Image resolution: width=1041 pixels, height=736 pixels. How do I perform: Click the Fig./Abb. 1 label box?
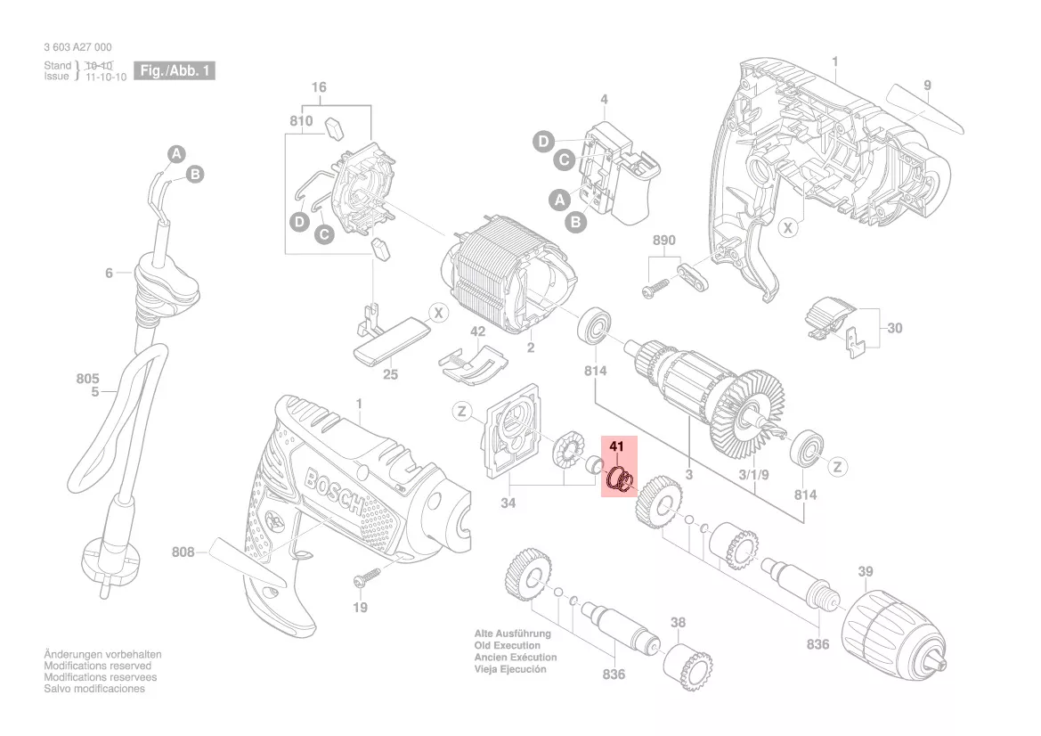pos(174,70)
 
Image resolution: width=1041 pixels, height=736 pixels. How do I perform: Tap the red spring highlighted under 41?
pos(619,480)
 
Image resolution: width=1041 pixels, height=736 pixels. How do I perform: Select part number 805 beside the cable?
pos(87,379)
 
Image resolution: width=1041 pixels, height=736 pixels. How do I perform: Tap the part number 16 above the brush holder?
pos(319,87)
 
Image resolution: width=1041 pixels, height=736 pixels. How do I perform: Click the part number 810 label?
pos(301,121)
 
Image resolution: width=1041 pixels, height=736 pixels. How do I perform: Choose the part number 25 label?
pos(390,374)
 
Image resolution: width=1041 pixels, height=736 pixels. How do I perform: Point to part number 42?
pos(478,331)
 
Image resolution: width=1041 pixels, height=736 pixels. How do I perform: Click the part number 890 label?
pos(664,241)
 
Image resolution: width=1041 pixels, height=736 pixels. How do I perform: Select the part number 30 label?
pos(894,328)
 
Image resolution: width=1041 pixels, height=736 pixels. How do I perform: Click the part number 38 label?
pos(679,622)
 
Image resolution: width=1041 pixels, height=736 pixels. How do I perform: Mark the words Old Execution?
pos(508,645)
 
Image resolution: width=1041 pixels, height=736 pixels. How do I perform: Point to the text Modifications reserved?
pos(97,666)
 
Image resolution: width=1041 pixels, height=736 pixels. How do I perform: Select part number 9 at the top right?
pos(927,86)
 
